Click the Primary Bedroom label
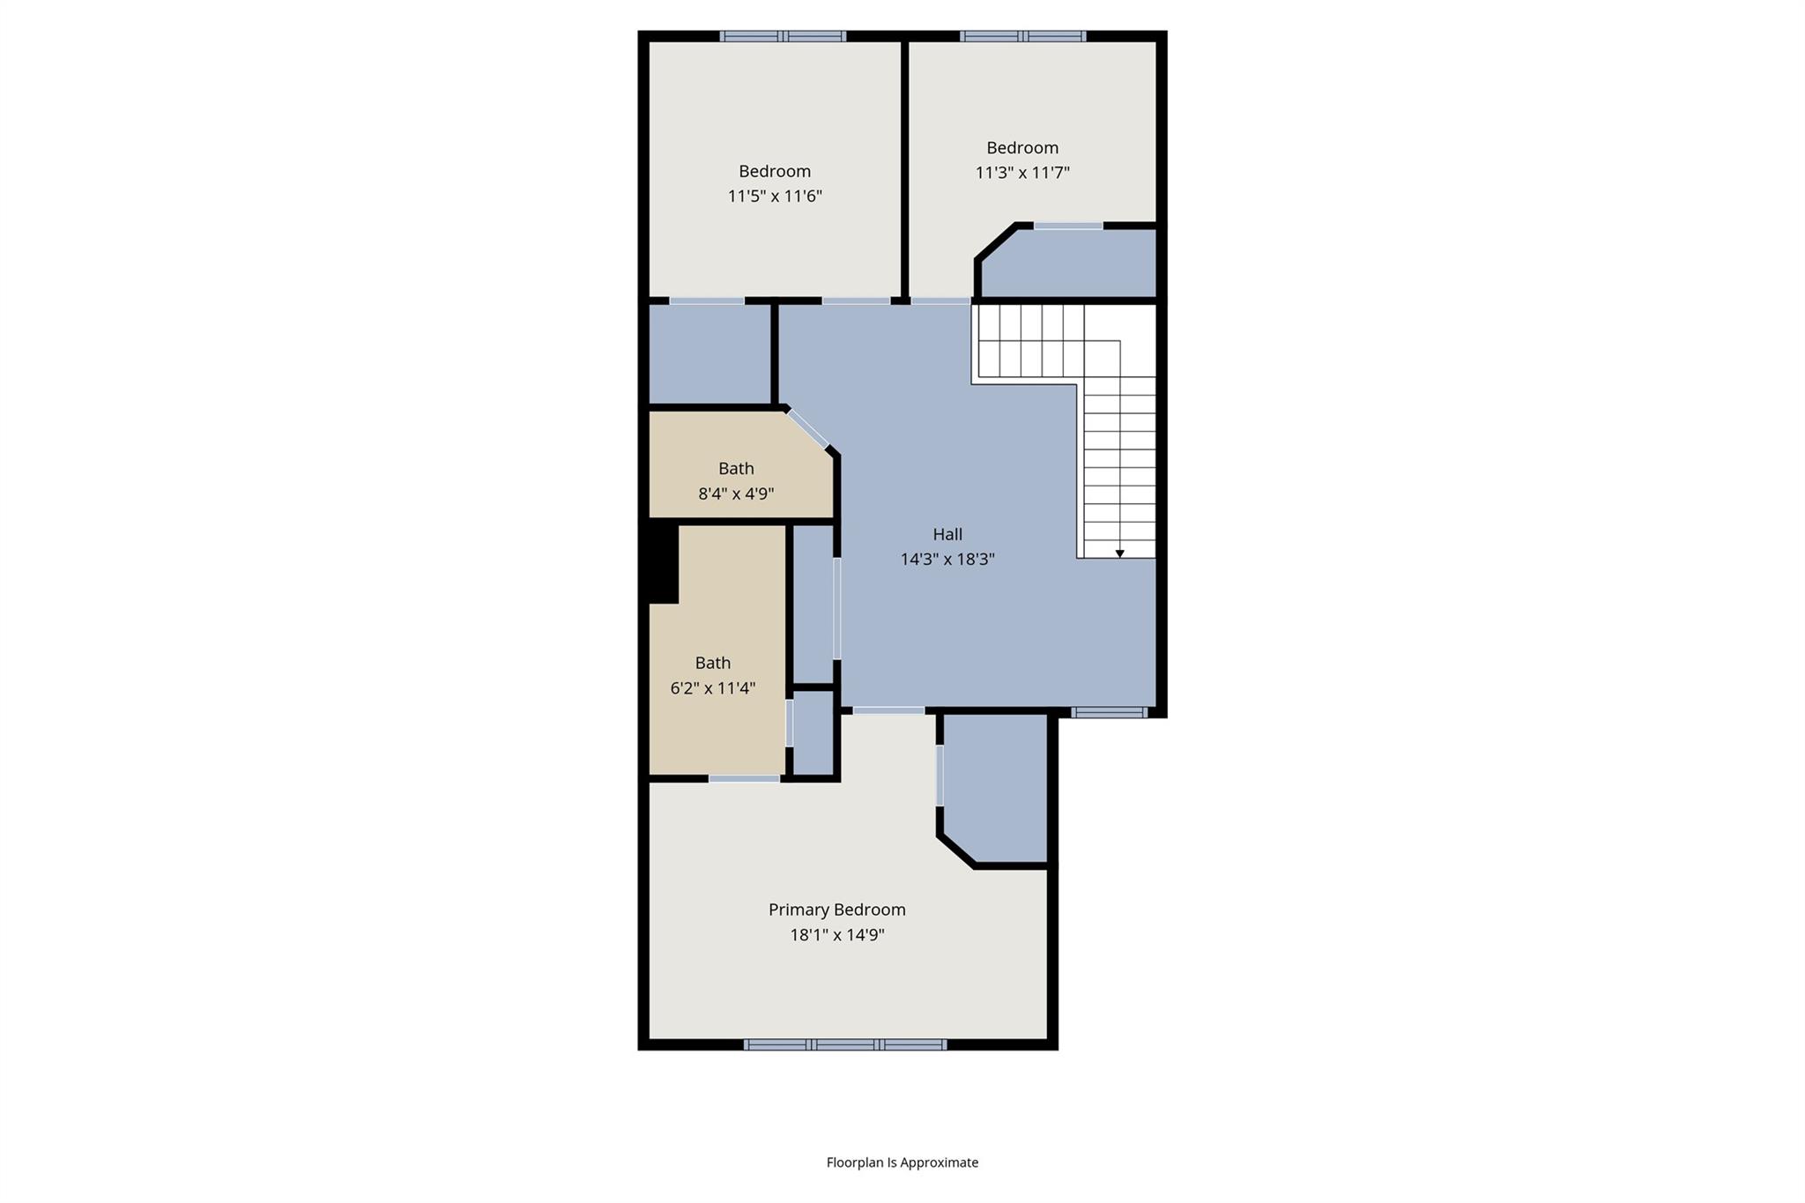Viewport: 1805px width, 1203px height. coord(836,910)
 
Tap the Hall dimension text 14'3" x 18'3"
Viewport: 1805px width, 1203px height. coord(947,559)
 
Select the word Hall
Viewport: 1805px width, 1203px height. coord(947,534)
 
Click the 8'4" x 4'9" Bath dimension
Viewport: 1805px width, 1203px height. coord(736,494)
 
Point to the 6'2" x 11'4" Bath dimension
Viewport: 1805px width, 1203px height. coord(713,688)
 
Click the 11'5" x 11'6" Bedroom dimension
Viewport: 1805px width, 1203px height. coord(775,196)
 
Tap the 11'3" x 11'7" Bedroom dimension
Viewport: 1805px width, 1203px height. coord(1022,172)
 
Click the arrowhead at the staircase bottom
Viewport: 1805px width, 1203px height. coord(1119,553)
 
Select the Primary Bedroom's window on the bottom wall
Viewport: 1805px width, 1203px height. coord(844,1044)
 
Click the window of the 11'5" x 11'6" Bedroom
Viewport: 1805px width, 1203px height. coord(783,36)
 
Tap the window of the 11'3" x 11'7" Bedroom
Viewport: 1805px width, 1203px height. coord(1022,36)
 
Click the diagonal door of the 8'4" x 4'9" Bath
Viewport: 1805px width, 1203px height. coord(808,429)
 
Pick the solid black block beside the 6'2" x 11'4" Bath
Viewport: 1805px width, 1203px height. coord(663,564)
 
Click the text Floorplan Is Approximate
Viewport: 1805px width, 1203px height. coord(902,1162)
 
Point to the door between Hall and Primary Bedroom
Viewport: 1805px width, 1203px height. coord(888,710)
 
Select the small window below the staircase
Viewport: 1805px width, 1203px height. coord(1109,712)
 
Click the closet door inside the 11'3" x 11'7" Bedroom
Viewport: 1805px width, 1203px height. coord(1068,226)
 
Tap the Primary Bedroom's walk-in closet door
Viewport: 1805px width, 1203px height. coord(940,775)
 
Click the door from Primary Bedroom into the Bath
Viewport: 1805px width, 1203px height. coord(744,778)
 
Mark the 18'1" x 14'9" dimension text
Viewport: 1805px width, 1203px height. coord(836,935)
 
